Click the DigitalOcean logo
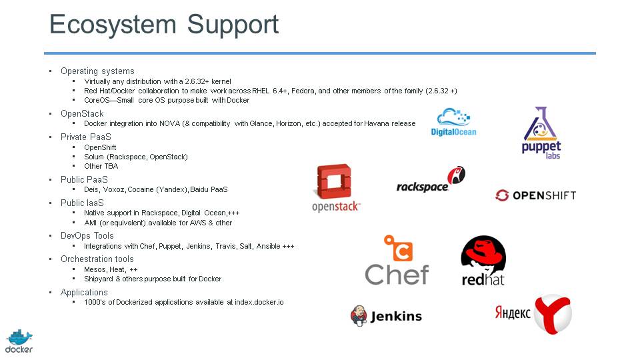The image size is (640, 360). pos(454,121)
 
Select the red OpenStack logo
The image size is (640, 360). pos(336,187)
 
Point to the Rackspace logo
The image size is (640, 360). pos(431,180)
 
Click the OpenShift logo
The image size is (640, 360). pos(535,195)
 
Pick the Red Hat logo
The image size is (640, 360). pos(483,261)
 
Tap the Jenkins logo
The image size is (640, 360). pos(386,315)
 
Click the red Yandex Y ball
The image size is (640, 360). pos(553,314)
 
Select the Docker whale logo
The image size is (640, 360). pos(19,340)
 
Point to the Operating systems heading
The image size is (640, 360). pos(97,71)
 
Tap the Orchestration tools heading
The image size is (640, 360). pos(97,259)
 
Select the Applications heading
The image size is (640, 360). pos(84,292)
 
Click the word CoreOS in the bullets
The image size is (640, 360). pos(96,100)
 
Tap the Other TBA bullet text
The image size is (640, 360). pos(101,166)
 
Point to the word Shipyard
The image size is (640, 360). pos(97,279)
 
